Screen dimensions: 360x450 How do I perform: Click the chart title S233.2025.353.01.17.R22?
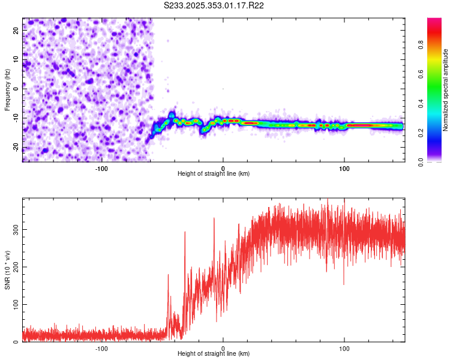pos(214,5)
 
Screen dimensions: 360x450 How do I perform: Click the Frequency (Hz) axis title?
pos(8,89)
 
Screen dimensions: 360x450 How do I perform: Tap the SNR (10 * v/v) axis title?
pos(8,270)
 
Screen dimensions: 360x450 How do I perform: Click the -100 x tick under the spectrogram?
pos(101,167)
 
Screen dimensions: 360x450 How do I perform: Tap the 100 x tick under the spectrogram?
pos(344,167)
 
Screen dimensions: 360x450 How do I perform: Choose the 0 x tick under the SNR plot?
pos(223,347)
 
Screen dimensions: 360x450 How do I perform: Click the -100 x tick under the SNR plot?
pos(101,347)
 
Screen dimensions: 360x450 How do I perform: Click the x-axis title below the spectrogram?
pos(214,174)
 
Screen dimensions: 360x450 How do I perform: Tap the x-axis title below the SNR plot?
pos(214,354)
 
